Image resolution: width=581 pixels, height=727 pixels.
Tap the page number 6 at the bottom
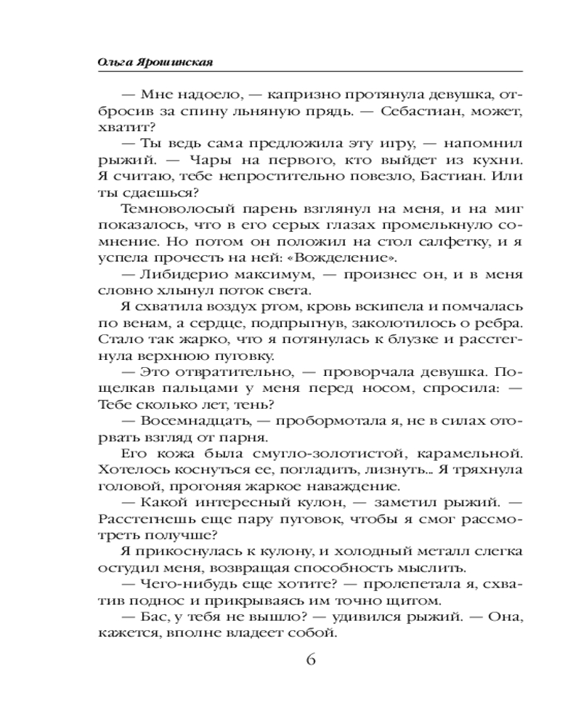click(311, 660)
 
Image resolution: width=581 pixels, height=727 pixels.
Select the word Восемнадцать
click(195, 419)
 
